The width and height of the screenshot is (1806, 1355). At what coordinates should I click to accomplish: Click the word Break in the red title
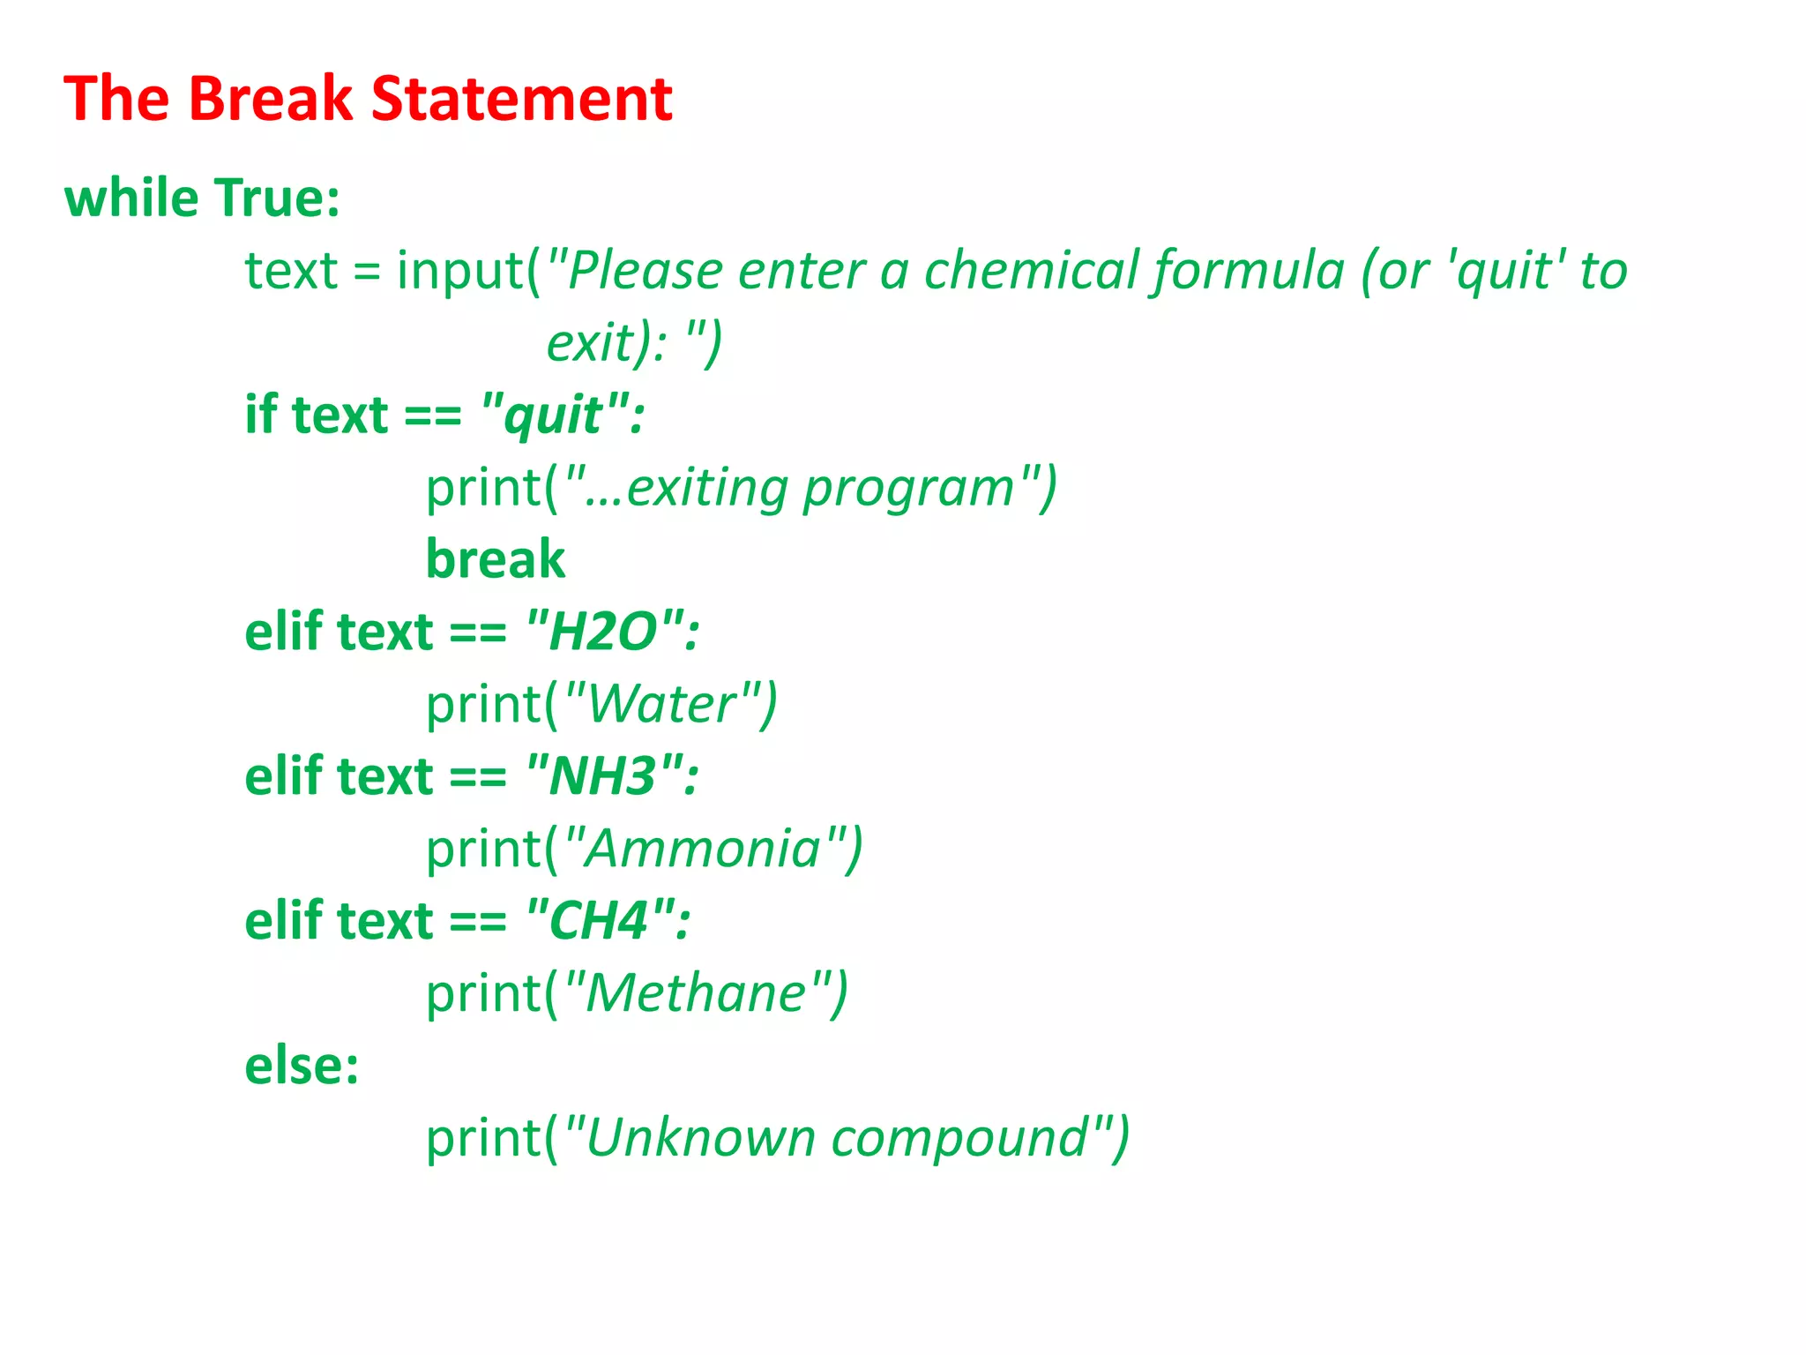point(270,98)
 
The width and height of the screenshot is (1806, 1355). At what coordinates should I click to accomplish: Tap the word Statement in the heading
point(521,98)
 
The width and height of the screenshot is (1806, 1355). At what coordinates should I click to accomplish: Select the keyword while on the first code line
point(131,198)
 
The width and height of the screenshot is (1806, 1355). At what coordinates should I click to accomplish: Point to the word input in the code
point(460,270)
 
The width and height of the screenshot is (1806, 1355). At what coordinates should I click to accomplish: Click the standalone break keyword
point(495,559)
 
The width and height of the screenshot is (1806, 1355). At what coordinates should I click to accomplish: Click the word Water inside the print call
point(662,704)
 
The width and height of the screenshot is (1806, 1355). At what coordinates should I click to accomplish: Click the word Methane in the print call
point(696,993)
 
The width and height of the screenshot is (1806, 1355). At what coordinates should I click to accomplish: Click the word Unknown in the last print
point(700,1138)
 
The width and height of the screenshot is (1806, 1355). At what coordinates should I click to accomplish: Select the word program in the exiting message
point(909,488)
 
